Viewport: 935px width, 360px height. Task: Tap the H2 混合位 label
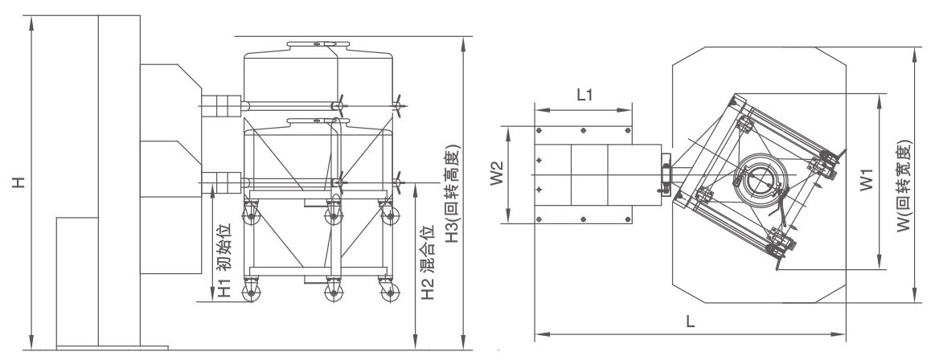429,263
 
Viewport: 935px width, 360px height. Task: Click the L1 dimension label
584,95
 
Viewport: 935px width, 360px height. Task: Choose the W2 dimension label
498,174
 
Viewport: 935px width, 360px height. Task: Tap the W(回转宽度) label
904,186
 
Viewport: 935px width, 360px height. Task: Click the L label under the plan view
690,322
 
